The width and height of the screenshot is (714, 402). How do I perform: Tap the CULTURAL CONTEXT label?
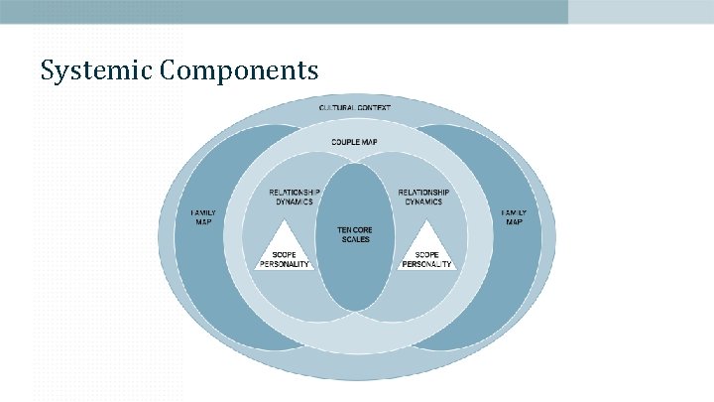click(355, 106)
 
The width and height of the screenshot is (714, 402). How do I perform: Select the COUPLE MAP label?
click(354, 143)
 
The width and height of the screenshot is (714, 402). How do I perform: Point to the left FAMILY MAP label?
click(202, 216)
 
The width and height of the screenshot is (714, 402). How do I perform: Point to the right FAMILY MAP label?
click(514, 216)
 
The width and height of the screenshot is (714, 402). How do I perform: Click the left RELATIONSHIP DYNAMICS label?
click(295, 196)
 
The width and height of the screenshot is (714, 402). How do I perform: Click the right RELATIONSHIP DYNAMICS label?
click(423, 196)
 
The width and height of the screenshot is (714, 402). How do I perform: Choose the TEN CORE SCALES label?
click(355, 234)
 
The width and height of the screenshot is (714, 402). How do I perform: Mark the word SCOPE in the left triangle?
click(286, 254)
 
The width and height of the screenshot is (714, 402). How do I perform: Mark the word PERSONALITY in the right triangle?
click(427, 264)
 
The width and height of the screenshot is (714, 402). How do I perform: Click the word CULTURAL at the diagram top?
click(338, 106)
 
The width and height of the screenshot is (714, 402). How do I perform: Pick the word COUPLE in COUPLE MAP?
click(344, 143)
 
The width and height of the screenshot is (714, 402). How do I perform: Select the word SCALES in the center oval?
click(355, 239)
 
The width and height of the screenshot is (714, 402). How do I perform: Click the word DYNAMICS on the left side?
click(295, 201)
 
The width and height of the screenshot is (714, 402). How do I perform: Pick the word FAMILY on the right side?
click(514, 212)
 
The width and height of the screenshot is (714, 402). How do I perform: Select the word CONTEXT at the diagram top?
click(374, 106)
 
